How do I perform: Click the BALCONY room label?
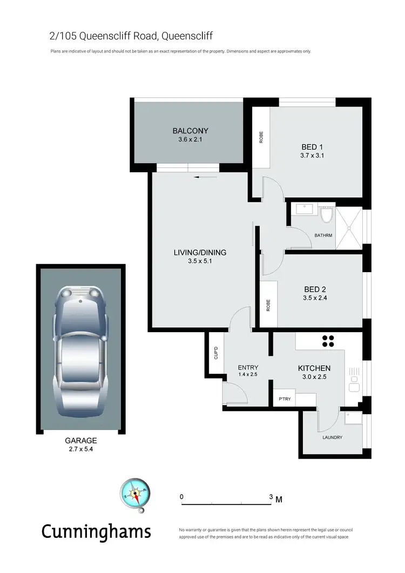(x=190, y=131)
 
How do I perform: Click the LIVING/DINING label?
(x=200, y=252)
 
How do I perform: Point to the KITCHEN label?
(x=314, y=368)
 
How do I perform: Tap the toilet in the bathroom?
(x=326, y=217)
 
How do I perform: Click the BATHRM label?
(x=323, y=235)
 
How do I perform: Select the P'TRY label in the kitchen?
(x=285, y=399)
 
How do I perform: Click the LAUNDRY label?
(x=332, y=437)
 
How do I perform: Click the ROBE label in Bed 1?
(x=261, y=137)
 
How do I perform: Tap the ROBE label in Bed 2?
(x=267, y=305)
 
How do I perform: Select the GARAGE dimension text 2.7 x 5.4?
(x=81, y=448)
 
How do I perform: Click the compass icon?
(x=134, y=493)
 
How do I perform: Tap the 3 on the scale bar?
(x=271, y=496)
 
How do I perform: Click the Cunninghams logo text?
(x=97, y=531)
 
